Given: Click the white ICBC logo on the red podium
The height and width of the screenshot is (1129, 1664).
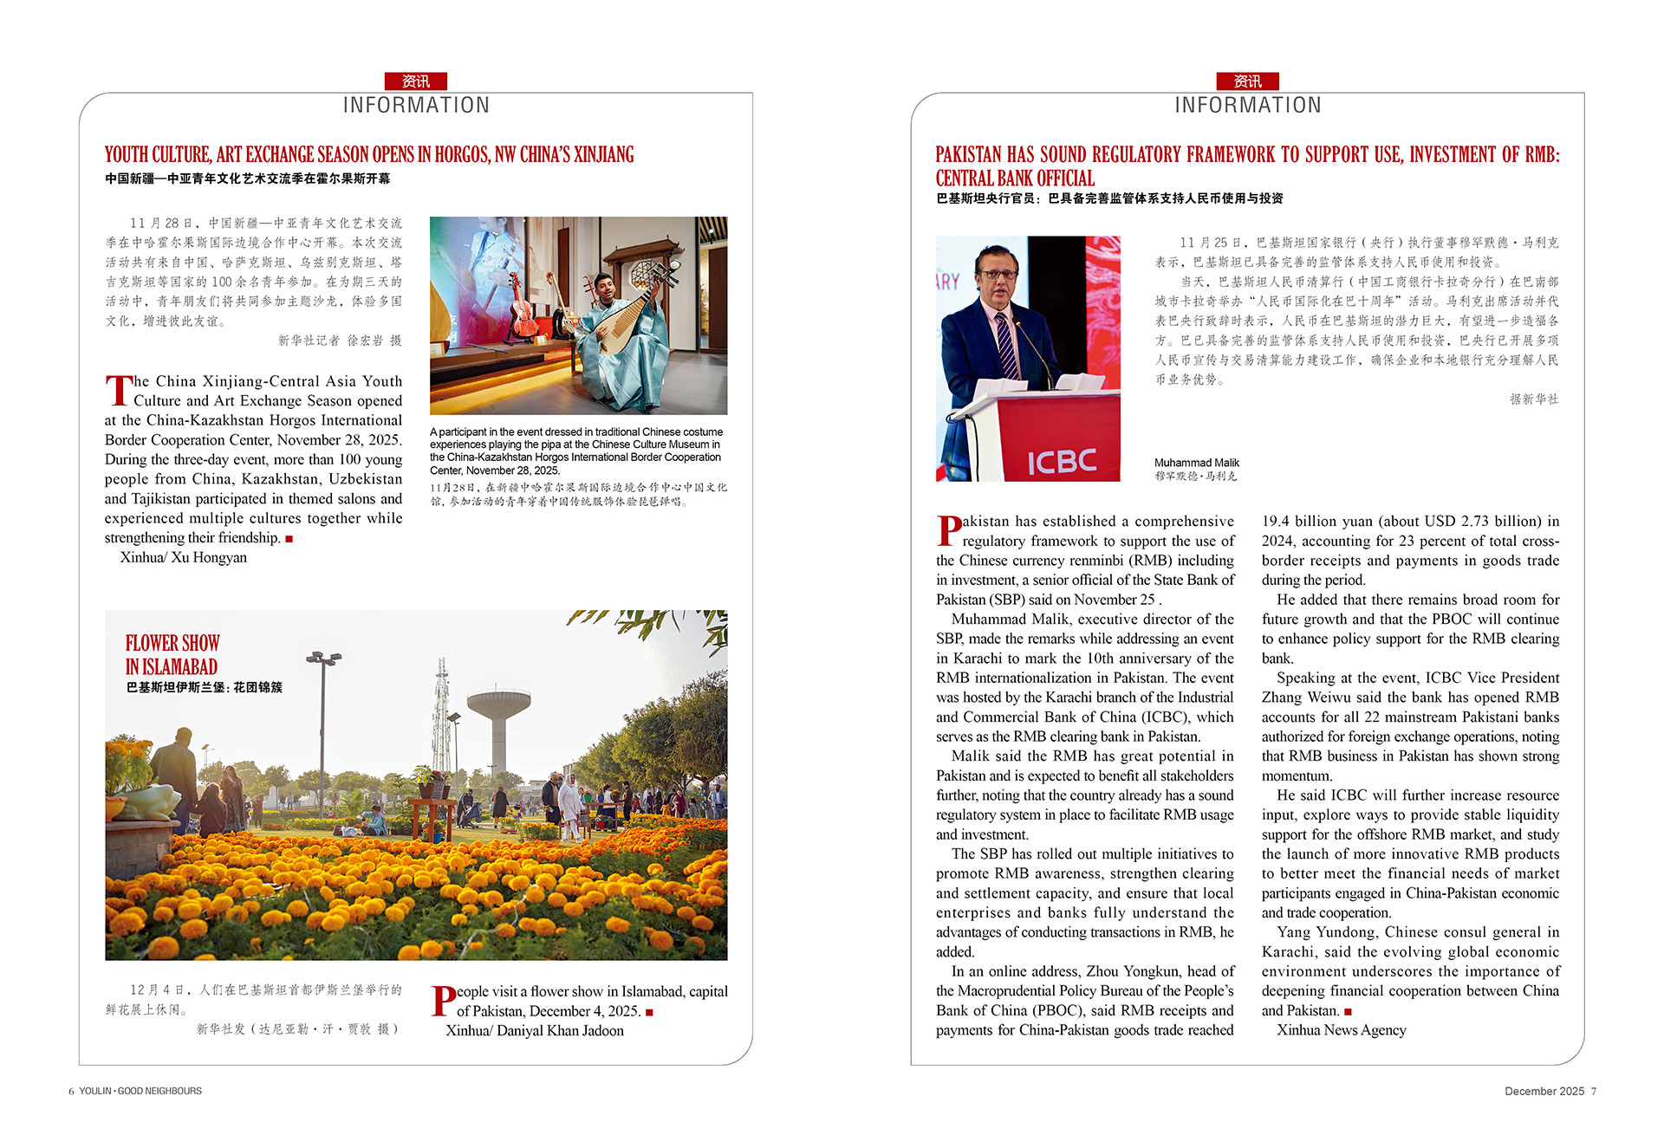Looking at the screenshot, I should click(1062, 461).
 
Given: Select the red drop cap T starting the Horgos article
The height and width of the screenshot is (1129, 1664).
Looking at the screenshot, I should click(118, 390).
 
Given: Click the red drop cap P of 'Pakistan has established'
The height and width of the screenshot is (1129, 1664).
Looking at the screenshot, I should click(949, 530).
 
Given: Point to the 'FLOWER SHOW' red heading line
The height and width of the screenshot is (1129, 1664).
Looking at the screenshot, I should click(172, 643).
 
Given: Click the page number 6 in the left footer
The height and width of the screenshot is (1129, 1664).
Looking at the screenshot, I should click(71, 1091).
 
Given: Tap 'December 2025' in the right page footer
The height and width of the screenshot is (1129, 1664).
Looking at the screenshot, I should click(1544, 1091).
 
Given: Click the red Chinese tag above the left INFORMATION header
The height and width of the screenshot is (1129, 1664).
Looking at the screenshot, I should click(416, 81).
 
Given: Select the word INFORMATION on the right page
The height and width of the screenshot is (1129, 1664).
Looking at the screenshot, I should click(1247, 106).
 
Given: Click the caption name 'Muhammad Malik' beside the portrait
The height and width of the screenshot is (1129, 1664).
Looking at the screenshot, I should click(1196, 463).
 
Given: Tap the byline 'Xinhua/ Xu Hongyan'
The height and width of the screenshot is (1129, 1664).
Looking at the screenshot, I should click(183, 557).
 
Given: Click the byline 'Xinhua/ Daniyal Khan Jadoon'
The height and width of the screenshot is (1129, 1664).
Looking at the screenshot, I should click(535, 1030).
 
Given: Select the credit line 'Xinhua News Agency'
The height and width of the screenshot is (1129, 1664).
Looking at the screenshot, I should click(1341, 1029).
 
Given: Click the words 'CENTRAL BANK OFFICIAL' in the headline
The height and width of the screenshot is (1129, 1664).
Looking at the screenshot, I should click(1015, 178).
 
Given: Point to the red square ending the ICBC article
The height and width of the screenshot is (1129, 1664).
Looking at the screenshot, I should click(1348, 1011).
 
